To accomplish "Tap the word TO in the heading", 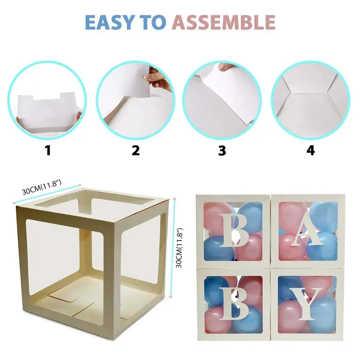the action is point(153,22).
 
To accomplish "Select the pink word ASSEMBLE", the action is point(224,22).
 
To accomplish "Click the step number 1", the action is point(48,150).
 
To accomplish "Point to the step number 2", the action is point(136,150).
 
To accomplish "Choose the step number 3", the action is point(222,151).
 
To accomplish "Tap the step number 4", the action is point(310,150).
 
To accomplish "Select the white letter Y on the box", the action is point(306,303).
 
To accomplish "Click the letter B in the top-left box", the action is point(234,230).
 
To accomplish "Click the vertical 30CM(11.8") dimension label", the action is point(180,248).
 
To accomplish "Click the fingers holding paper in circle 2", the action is point(157,78).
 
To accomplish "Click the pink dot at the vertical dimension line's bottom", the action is point(170,297).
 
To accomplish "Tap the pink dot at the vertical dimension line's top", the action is point(175,198).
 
